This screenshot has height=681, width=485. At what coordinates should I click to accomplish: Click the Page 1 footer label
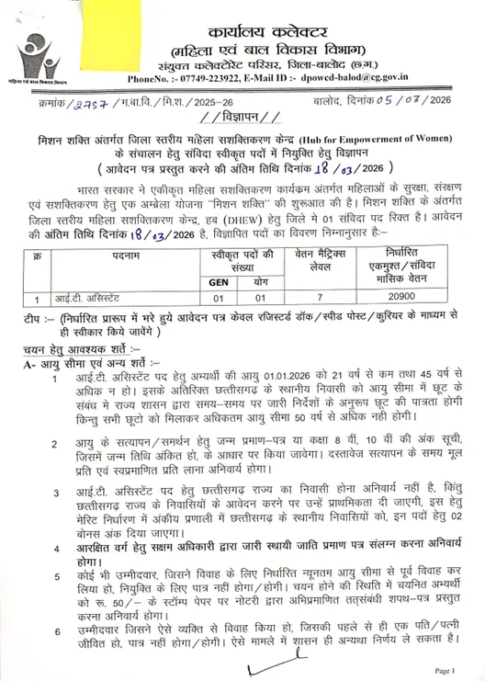click(x=442, y=670)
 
